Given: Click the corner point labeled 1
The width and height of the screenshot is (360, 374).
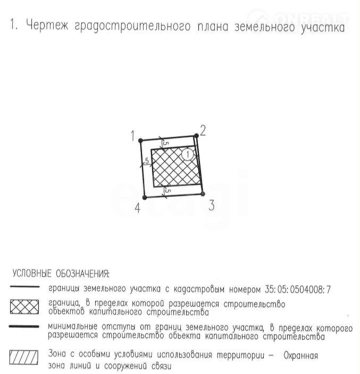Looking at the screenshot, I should (x=140, y=140).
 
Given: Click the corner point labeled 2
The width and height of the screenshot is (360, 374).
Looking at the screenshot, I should (x=196, y=136).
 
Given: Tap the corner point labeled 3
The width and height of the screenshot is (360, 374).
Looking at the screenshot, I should (x=203, y=194).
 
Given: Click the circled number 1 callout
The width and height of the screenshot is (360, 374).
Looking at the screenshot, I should (x=187, y=154).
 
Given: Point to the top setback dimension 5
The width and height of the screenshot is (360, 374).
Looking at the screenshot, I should (x=165, y=143).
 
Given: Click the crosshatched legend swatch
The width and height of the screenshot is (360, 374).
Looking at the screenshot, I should (x=24, y=307).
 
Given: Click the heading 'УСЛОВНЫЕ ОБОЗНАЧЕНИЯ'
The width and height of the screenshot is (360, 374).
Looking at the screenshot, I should (x=61, y=274).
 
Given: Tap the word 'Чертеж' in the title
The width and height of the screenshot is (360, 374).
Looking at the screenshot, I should (x=46, y=26).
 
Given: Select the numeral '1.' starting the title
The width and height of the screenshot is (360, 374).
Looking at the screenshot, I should (x=14, y=26).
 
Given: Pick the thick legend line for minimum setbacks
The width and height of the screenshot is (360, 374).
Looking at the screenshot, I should (x=24, y=327).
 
